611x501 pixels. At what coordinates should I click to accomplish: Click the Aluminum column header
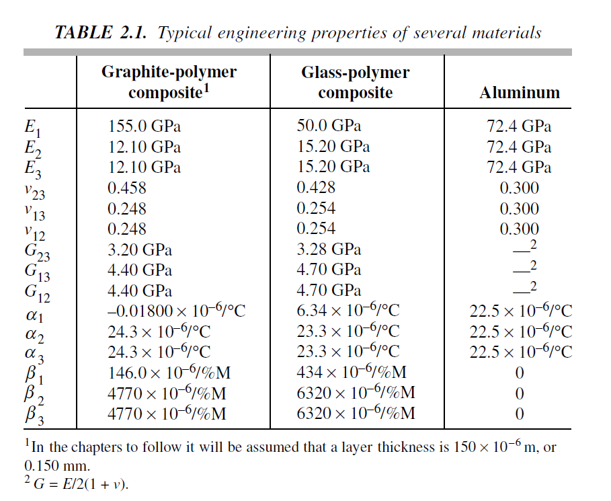pyautogui.click(x=519, y=93)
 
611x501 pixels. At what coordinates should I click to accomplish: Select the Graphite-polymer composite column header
pyautogui.click(x=169, y=82)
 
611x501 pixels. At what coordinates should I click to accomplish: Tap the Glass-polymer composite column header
pyautogui.click(x=355, y=82)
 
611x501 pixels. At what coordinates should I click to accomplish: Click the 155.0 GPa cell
pyautogui.click(x=144, y=126)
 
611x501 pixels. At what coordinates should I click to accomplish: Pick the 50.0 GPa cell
pyautogui.click(x=329, y=126)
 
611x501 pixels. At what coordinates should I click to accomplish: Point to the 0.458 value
pyautogui.click(x=127, y=188)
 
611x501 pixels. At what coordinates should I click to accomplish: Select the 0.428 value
pyautogui.click(x=316, y=188)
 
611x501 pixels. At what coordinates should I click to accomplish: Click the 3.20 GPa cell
pyautogui.click(x=140, y=249)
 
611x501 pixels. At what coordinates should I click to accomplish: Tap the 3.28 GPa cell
pyautogui.click(x=329, y=249)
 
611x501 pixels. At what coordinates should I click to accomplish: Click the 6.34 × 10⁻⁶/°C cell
pyautogui.click(x=348, y=311)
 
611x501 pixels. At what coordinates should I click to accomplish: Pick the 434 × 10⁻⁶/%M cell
pyautogui.click(x=352, y=373)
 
